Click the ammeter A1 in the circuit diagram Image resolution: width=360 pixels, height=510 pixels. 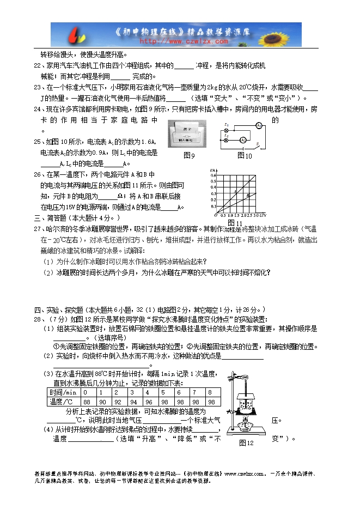[260, 125]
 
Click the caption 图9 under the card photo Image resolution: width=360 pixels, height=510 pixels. [189, 156]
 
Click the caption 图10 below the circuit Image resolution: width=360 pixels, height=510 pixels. [245, 156]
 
